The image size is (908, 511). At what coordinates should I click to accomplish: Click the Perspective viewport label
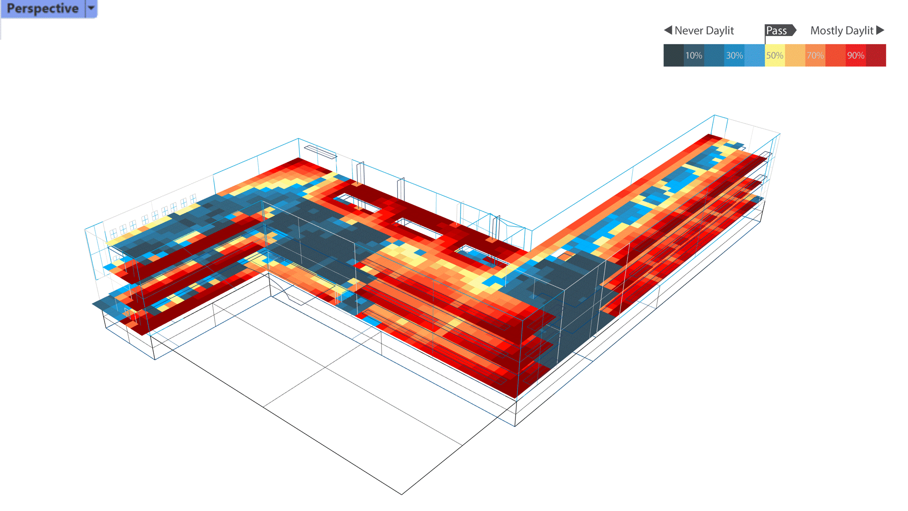click(43, 9)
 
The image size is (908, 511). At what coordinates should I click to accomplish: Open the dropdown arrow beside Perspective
click(91, 8)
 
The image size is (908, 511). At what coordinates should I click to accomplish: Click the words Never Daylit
click(704, 31)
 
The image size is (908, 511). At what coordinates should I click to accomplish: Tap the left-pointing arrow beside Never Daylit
click(668, 30)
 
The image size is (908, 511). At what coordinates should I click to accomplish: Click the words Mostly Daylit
click(842, 31)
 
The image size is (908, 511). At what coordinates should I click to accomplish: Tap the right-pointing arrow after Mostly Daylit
click(880, 30)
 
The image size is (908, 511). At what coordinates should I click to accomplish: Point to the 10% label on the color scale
click(694, 55)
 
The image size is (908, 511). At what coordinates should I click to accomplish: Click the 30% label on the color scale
click(734, 55)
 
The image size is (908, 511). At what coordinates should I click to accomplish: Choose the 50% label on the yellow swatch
click(775, 55)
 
